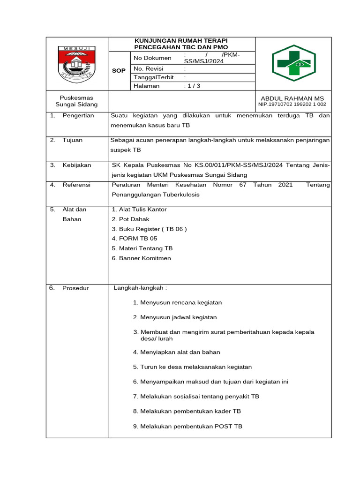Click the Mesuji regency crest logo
(77, 64)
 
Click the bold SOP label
(119, 70)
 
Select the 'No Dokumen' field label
(152, 58)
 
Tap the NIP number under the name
(292, 105)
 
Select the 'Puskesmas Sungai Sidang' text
(76, 101)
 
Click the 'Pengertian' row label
(78, 115)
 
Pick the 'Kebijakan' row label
(77, 165)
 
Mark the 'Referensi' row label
(76, 185)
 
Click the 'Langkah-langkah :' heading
(140, 287)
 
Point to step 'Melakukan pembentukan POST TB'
(187, 426)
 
